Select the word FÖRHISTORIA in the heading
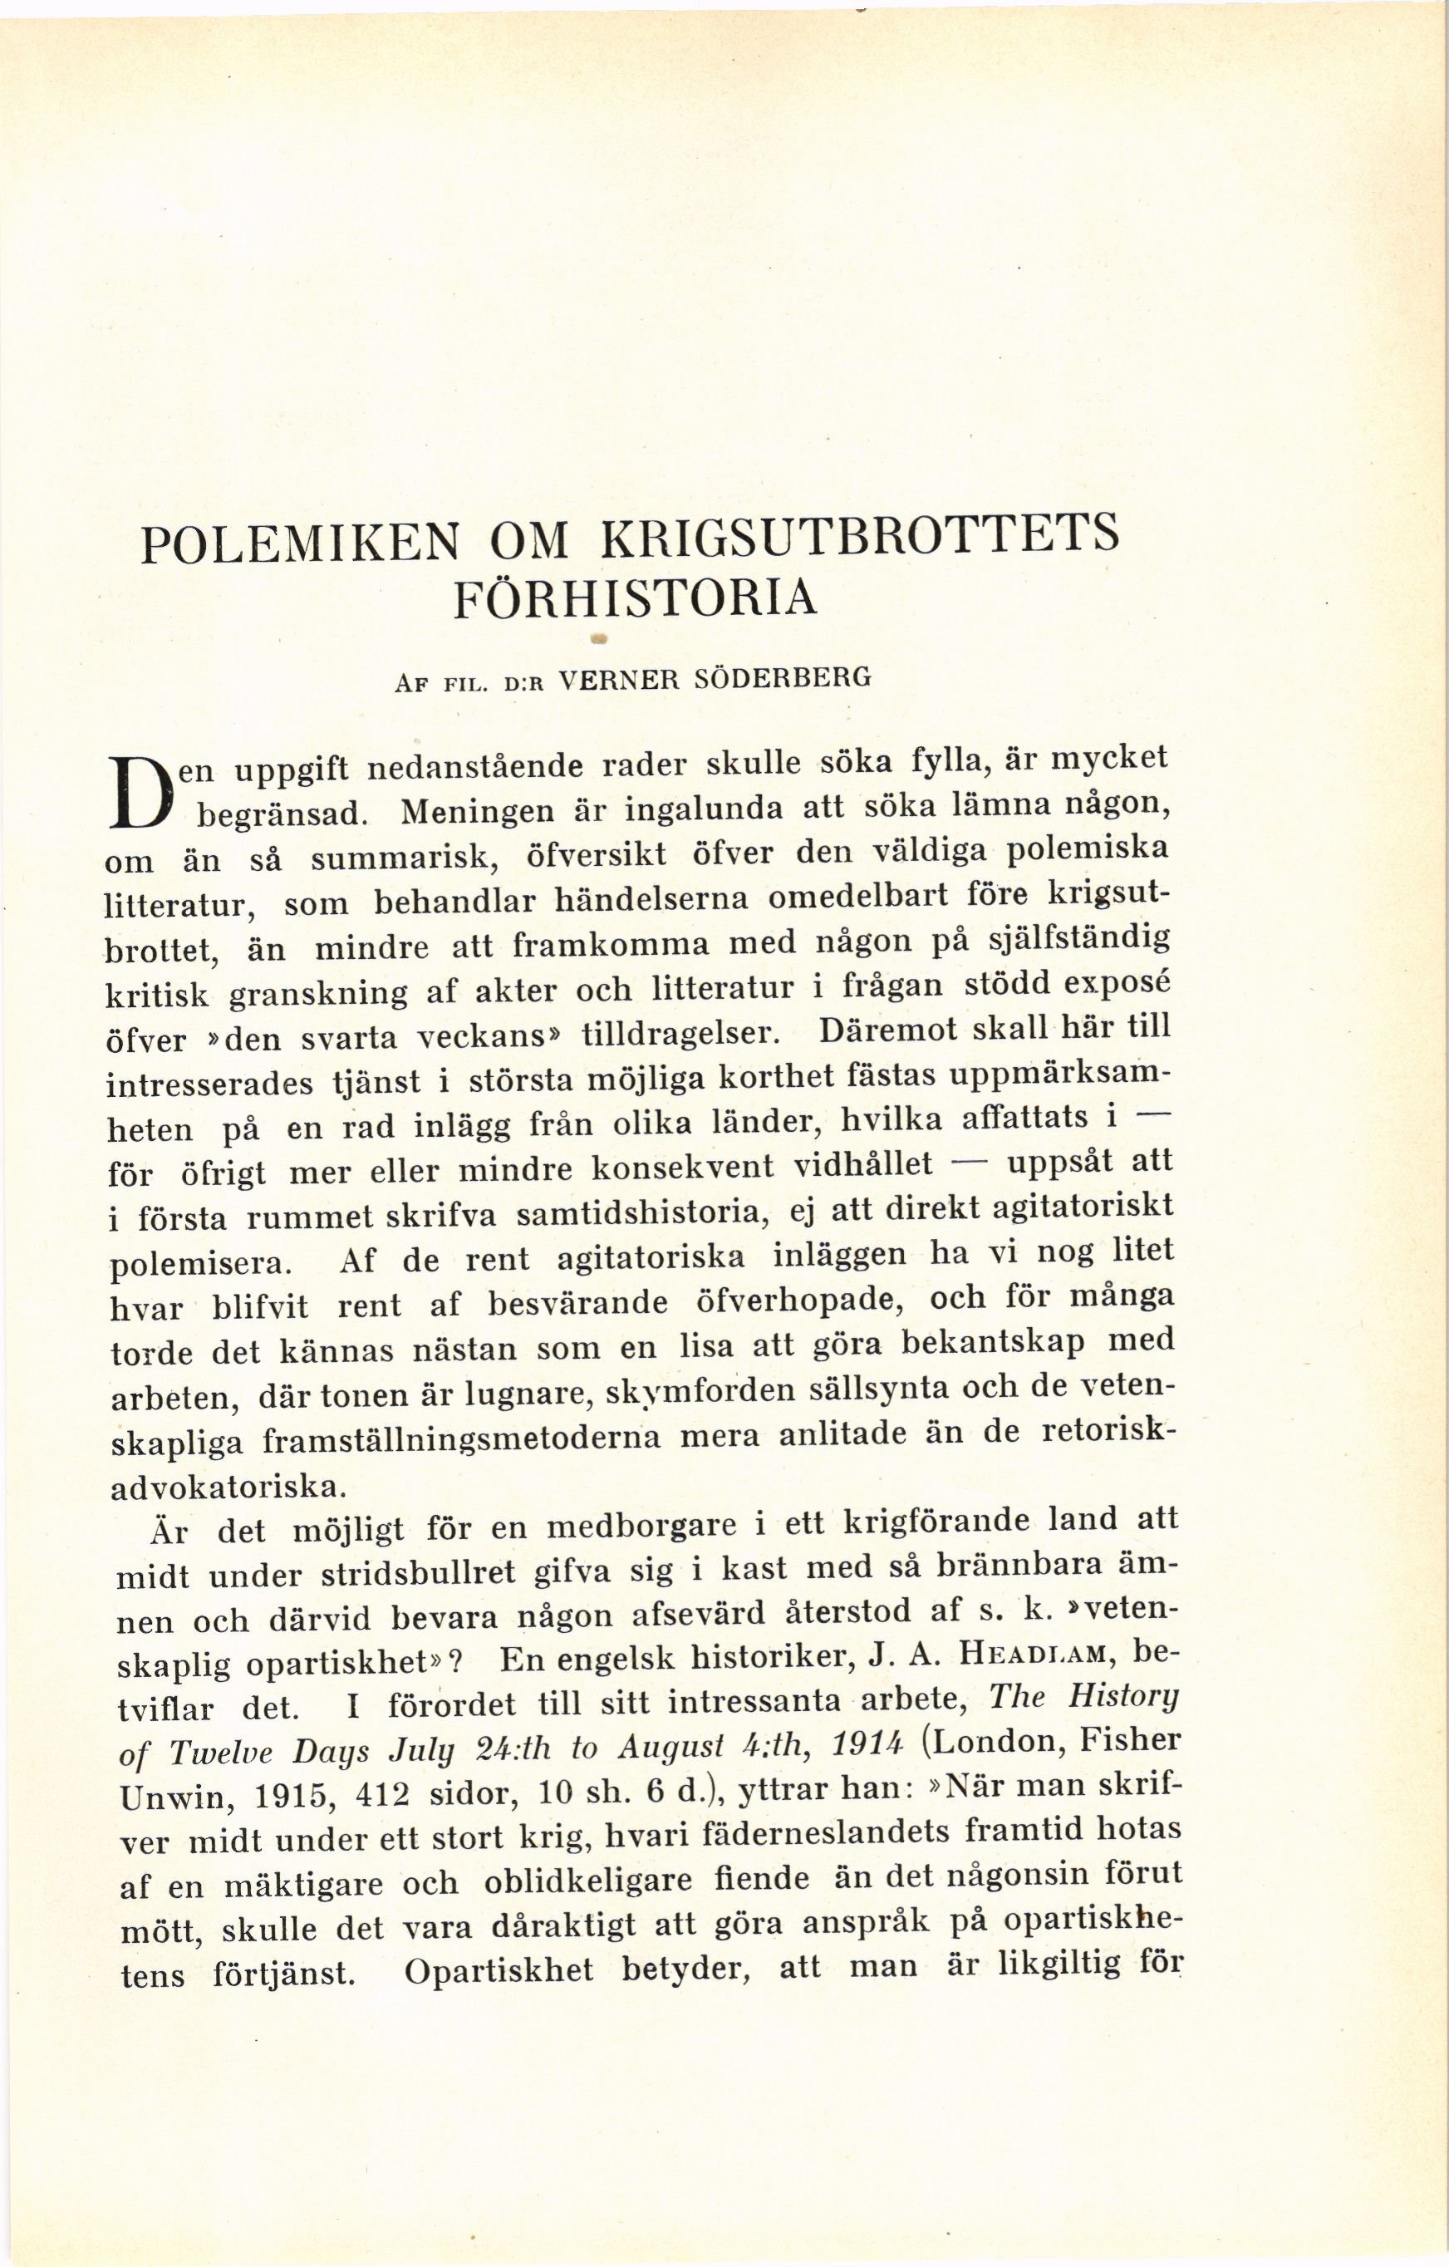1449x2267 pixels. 636,600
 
